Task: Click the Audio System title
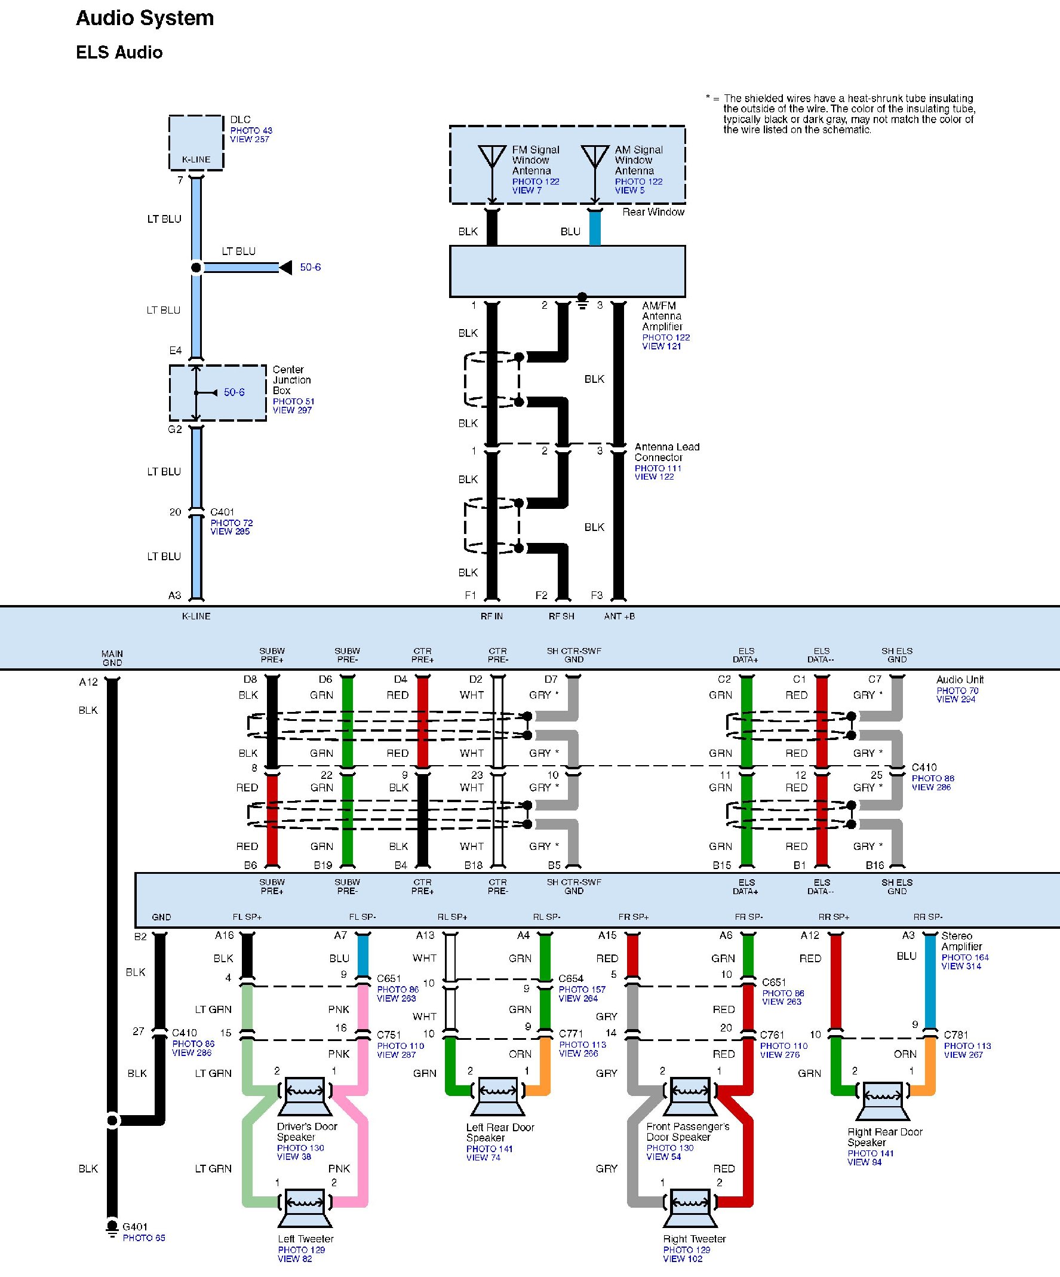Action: [x=145, y=19]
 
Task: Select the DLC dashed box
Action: [x=196, y=142]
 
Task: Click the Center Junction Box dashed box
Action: [x=218, y=393]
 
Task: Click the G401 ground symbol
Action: [x=112, y=1227]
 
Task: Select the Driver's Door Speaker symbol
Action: [x=305, y=1097]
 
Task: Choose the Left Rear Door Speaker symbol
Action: [x=497, y=1097]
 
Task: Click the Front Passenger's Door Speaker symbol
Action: [x=690, y=1097]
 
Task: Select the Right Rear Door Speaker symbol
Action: [x=883, y=1101]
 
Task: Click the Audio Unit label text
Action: [x=960, y=680]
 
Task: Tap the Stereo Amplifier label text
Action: [x=961, y=941]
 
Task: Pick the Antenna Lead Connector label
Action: [x=666, y=452]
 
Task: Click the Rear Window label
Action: [x=653, y=212]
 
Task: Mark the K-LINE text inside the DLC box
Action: [x=196, y=160]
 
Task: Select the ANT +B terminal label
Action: [x=619, y=616]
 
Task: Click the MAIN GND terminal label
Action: [x=112, y=658]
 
